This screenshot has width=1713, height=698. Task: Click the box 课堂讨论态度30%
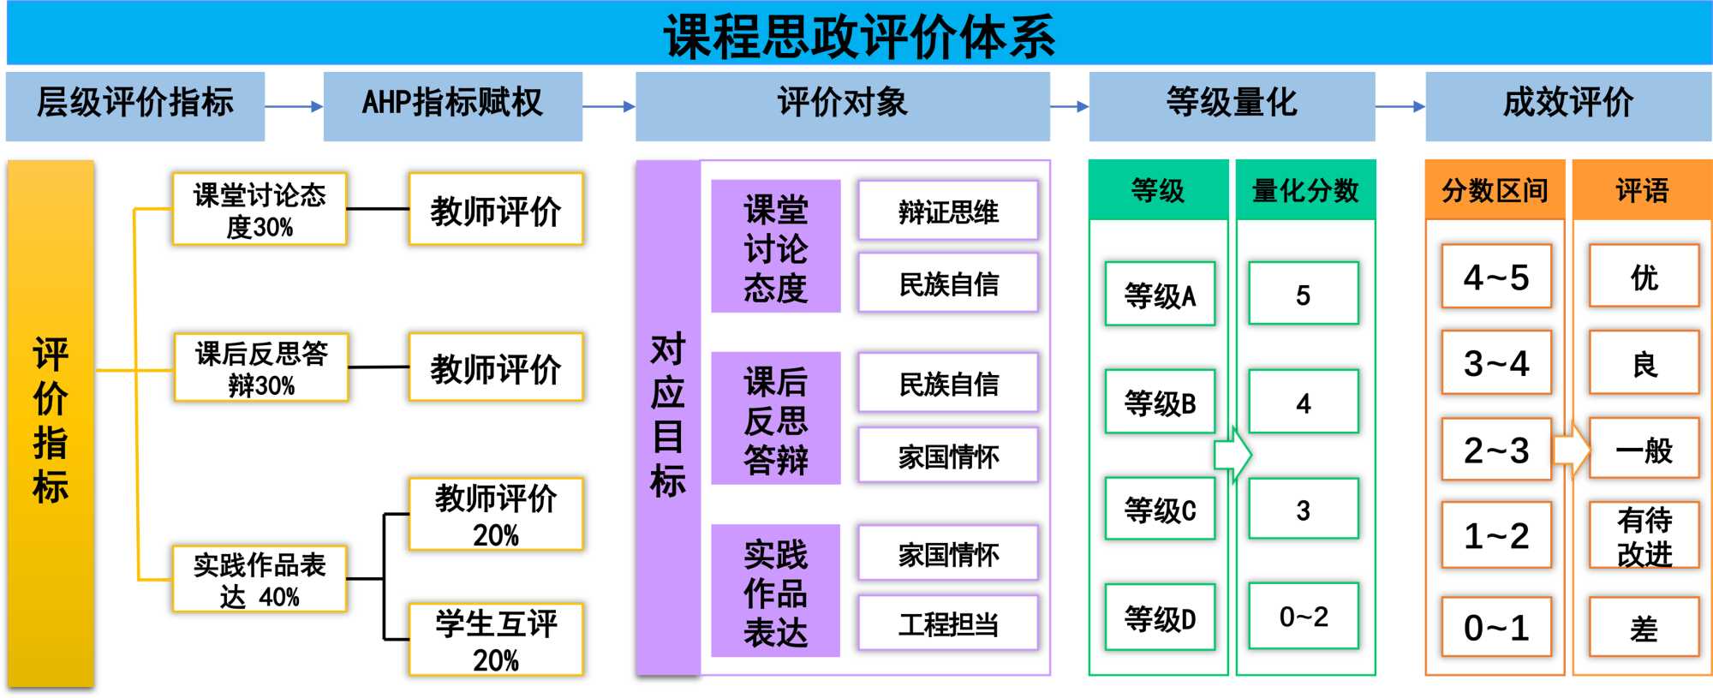(x=259, y=210)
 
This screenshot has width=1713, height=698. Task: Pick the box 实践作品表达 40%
(x=259, y=580)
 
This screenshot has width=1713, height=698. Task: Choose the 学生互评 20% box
(x=496, y=640)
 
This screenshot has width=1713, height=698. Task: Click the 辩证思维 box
(x=947, y=211)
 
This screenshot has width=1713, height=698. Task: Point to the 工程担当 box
(x=947, y=624)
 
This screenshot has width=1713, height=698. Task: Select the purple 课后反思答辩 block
(x=775, y=419)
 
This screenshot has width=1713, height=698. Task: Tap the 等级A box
(x=1160, y=295)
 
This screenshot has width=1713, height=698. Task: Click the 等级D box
(x=1160, y=617)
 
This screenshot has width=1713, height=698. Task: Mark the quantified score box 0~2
(x=1303, y=616)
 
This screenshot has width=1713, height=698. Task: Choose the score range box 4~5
(x=1495, y=277)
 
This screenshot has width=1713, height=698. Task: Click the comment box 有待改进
(x=1644, y=536)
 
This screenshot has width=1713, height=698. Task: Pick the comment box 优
(x=1644, y=277)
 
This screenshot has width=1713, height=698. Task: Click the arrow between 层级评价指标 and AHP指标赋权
(x=294, y=107)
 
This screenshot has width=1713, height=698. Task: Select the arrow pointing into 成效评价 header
(x=1400, y=107)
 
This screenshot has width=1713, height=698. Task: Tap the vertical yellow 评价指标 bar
(x=51, y=422)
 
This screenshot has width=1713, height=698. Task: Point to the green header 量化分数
(x=1304, y=190)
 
